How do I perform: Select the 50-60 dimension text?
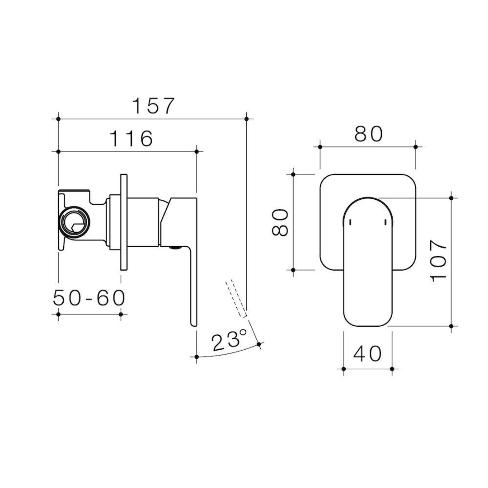[89, 298]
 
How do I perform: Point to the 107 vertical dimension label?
[439, 261]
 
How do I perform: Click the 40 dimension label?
[367, 354]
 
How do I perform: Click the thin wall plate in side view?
[124, 222]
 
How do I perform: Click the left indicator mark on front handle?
[351, 221]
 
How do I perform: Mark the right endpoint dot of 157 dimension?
[246, 119]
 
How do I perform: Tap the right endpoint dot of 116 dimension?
[197, 152]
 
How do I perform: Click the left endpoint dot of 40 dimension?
[344, 369]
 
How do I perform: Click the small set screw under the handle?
[173, 248]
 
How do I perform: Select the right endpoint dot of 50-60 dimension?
[121, 314]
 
